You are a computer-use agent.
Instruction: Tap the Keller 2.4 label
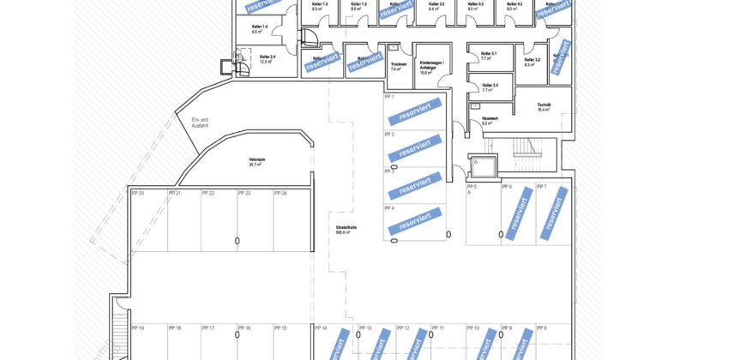(267, 59)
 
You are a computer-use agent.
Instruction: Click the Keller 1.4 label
(260, 29)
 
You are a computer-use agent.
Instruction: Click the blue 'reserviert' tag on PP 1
(414, 111)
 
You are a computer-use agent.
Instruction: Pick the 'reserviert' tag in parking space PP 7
(553, 212)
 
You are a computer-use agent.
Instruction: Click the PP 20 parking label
(137, 194)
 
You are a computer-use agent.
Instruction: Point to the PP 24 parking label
(280, 194)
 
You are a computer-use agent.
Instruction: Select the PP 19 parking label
(137, 328)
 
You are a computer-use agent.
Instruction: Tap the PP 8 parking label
(540, 328)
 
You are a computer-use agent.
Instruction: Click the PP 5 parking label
(472, 187)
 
